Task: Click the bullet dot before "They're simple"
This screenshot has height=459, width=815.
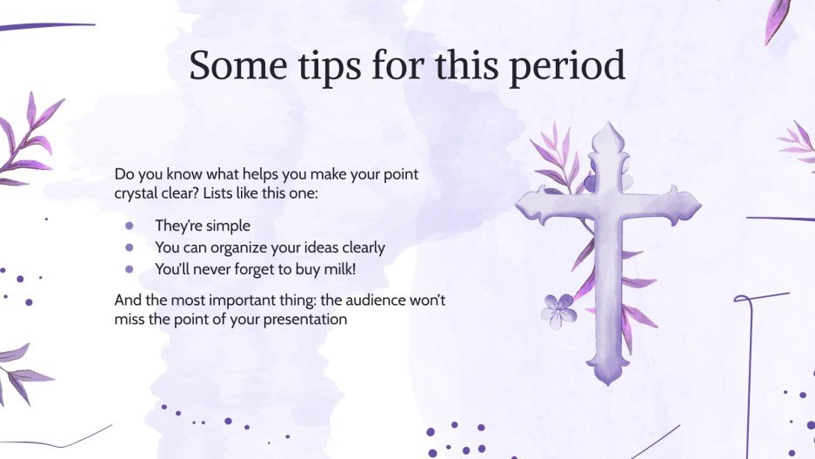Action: point(130,225)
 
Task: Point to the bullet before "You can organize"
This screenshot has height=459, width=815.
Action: point(130,247)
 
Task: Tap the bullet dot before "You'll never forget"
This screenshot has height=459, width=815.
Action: point(130,269)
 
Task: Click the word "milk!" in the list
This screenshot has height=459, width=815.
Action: point(337,269)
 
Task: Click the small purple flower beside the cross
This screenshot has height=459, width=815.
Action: point(558,310)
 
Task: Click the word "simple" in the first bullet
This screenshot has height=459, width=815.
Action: point(227,226)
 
